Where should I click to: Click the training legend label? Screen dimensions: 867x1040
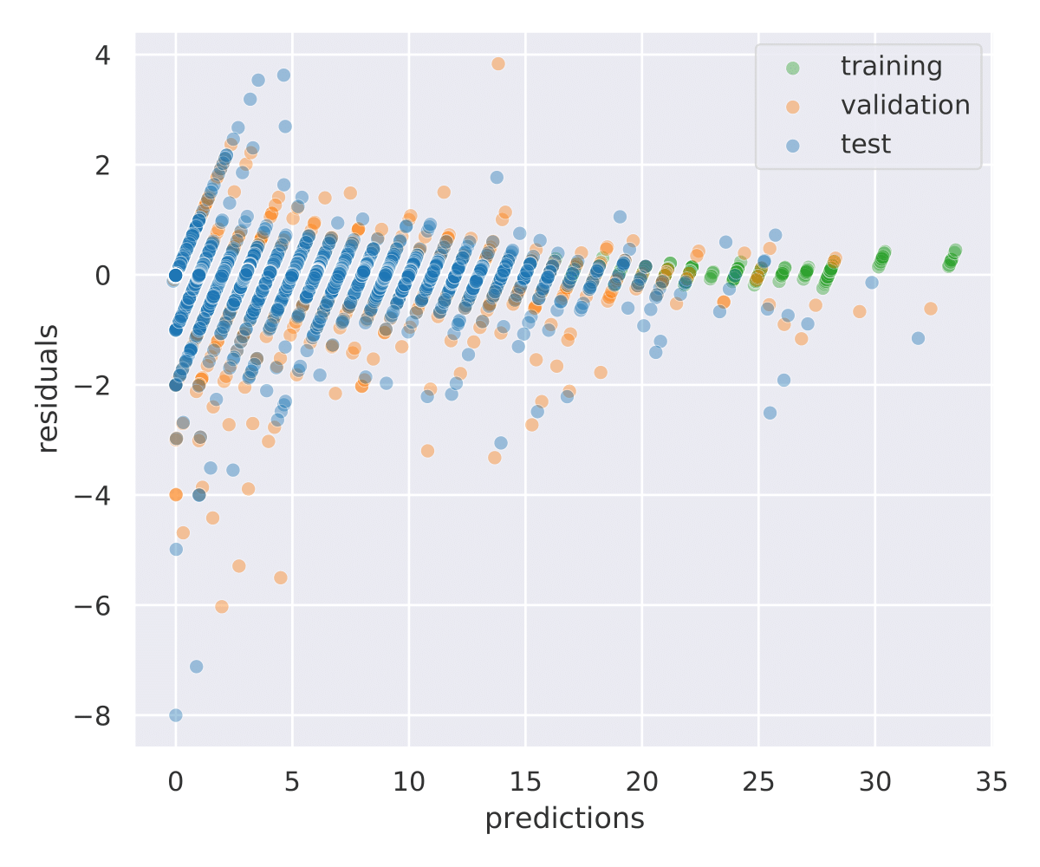coord(891,66)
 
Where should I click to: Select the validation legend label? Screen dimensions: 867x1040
coord(905,105)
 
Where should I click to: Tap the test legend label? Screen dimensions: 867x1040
coord(866,144)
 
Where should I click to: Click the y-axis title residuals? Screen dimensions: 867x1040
coord(49,388)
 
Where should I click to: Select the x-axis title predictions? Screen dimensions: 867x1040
coord(564,818)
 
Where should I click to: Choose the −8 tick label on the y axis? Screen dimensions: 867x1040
coord(103,714)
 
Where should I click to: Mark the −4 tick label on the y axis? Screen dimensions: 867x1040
coord(103,494)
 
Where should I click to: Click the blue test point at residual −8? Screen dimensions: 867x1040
coord(176,714)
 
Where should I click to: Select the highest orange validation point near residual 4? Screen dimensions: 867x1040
coord(497,63)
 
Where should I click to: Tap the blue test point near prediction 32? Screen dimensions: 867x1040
coord(918,337)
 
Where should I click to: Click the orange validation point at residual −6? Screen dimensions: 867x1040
coord(222,606)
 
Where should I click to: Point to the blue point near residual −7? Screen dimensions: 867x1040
coord(197,666)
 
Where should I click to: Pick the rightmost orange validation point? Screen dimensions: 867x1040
coord(931,308)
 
